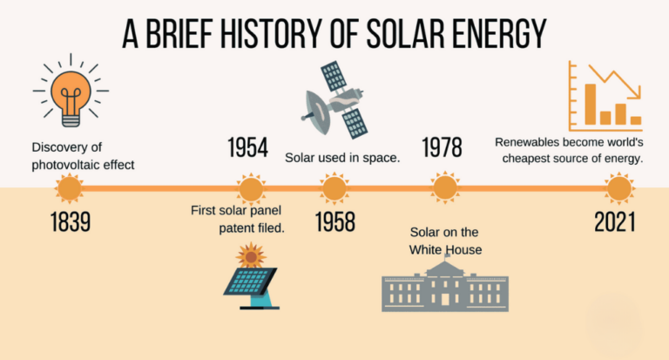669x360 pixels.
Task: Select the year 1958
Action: click(334, 221)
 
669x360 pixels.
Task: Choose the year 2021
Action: click(615, 221)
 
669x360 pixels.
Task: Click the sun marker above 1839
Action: click(68, 187)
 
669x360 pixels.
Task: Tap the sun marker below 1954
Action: click(251, 187)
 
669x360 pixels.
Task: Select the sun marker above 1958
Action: click(334, 187)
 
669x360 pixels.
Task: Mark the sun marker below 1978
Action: click(445, 187)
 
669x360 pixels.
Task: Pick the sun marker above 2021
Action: click(619, 187)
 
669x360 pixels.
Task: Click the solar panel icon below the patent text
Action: click(252, 277)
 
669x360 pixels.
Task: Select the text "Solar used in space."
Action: click(342, 158)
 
